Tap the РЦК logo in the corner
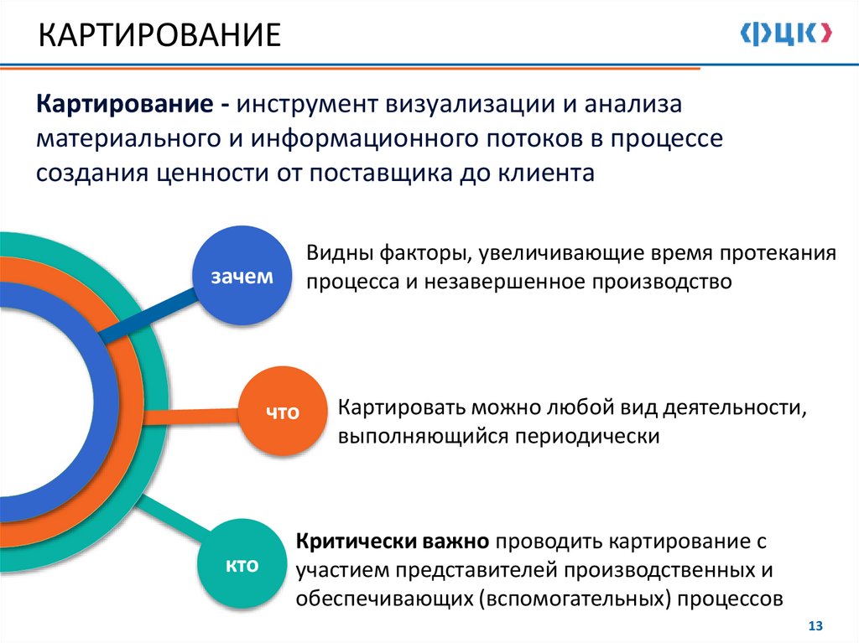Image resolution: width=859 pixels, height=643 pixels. tap(787, 34)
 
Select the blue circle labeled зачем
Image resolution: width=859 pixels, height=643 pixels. tap(242, 276)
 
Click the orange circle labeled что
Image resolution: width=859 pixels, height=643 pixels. tap(283, 411)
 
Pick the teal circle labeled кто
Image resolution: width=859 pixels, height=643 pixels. tap(241, 565)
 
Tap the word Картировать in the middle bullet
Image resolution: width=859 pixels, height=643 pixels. tap(401, 408)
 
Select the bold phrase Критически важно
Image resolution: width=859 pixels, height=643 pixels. tap(393, 542)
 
